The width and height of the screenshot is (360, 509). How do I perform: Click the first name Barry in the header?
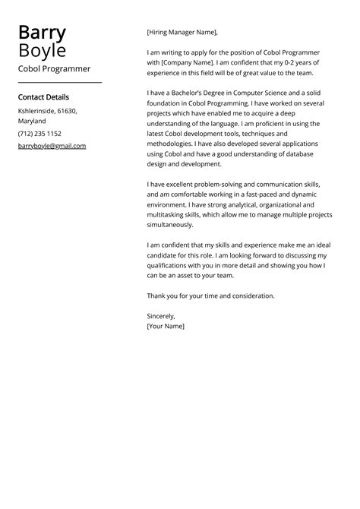coord(42,33)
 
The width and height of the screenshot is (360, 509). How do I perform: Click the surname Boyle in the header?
coord(42,51)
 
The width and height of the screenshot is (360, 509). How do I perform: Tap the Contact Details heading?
coord(43,97)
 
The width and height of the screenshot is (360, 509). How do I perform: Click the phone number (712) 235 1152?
coord(39,134)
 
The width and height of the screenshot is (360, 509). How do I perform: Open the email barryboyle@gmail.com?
coord(52,146)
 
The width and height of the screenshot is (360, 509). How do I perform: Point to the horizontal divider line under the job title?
coord(59,82)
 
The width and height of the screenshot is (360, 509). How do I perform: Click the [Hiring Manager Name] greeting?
coord(182,33)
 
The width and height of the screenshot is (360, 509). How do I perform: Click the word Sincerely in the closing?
coord(161,316)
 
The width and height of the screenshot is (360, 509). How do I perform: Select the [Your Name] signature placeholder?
coord(166,326)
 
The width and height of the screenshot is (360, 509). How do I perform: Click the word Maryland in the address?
coord(32,121)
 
